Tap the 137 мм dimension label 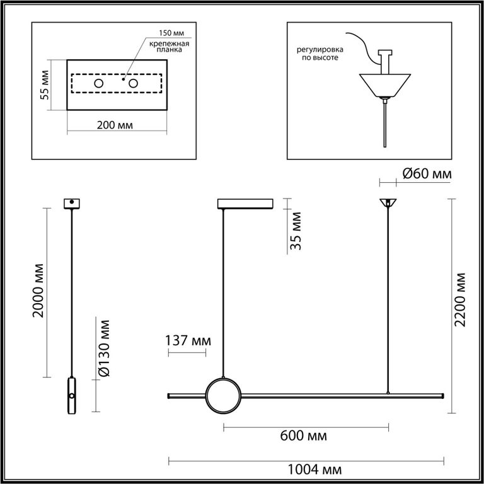point(187,342)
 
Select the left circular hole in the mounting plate point(99,84)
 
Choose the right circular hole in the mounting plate point(133,84)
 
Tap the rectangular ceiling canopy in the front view point(244,204)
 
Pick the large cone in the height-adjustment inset point(384,85)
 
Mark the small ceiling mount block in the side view point(72,204)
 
